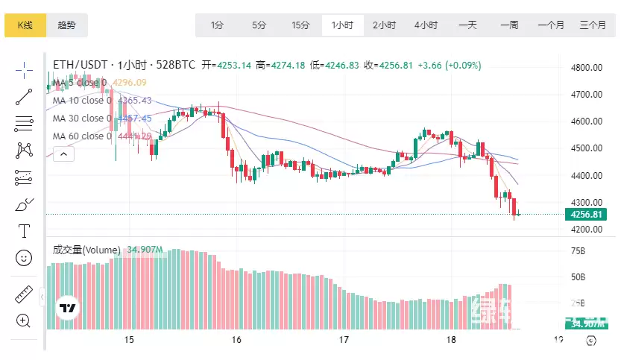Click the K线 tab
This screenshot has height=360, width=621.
click(25, 25)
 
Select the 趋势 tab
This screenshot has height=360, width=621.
click(66, 25)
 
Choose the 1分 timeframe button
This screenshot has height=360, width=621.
click(217, 25)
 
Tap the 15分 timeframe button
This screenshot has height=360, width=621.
click(300, 25)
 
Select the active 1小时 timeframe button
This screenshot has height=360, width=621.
click(342, 25)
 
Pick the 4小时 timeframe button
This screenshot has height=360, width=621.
click(426, 25)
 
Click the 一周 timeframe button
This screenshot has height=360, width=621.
click(509, 25)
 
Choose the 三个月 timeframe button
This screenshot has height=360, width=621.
click(593, 25)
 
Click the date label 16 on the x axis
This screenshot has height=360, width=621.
click(236, 340)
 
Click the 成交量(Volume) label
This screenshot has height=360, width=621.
click(86, 250)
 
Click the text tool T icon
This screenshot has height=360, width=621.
click(24, 231)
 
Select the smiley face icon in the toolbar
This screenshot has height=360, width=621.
click(24, 258)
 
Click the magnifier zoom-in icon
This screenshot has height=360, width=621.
click(24, 320)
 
